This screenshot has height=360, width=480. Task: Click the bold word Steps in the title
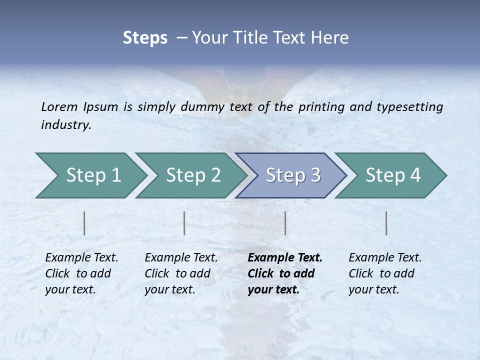145,38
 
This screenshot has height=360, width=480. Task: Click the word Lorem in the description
59,107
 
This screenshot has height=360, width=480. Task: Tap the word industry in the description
66,125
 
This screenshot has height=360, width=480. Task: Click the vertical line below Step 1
84,223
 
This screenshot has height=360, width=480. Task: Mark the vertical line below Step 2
184,223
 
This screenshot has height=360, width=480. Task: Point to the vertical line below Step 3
285,223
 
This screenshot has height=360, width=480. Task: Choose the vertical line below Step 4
386,223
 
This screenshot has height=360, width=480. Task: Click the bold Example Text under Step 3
285,258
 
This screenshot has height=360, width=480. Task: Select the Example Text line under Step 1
81,258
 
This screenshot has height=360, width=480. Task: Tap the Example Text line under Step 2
181,258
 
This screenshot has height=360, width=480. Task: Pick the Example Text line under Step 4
385,258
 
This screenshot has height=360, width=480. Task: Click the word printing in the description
322,107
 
